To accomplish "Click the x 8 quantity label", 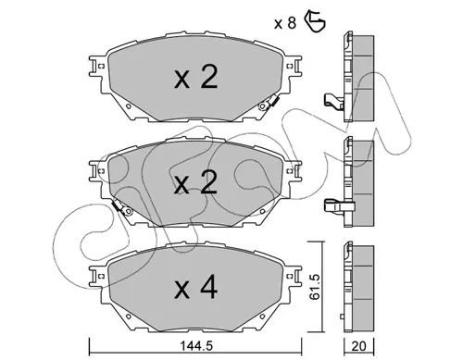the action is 285,23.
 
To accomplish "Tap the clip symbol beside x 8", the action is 315,21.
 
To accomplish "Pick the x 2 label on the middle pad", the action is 195,182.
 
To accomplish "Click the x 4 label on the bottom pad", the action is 196,288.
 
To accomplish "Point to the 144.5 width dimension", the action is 196,346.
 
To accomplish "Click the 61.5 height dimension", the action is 315,287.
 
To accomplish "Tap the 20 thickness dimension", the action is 358,346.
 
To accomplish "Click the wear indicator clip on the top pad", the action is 268,104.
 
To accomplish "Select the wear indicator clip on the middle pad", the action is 122,207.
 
